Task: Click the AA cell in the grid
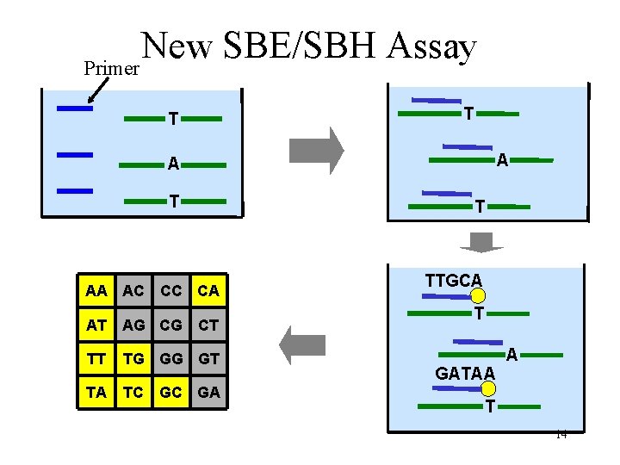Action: point(96,291)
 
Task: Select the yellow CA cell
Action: point(208,291)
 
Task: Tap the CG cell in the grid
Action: point(170,325)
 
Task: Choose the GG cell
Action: point(170,358)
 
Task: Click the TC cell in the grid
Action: point(133,392)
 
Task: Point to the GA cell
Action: point(208,392)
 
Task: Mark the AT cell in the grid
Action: point(96,325)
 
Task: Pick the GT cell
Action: point(208,358)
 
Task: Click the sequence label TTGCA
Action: point(454,280)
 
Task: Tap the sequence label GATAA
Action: point(466,374)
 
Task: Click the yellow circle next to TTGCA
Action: point(478,296)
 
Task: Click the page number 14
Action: point(561,435)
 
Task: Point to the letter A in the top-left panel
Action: point(173,164)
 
